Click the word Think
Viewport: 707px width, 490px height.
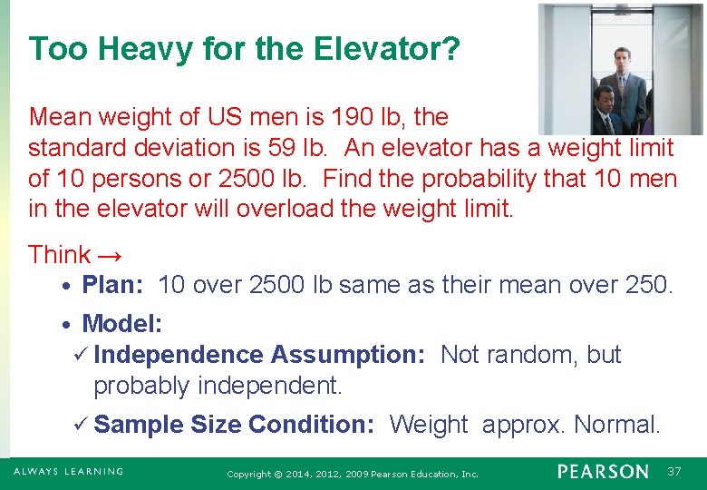[x=59, y=255]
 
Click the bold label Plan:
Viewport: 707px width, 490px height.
[x=112, y=286]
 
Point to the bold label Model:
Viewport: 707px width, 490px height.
[x=122, y=324]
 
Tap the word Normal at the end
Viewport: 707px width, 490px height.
[x=616, y=424]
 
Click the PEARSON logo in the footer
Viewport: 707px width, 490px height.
[x=603, y=472]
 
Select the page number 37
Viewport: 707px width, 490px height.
[x=674, y=472]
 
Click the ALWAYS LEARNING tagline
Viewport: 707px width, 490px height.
[x=68, y=472]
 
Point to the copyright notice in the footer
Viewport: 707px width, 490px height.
[x=353, y=474]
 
